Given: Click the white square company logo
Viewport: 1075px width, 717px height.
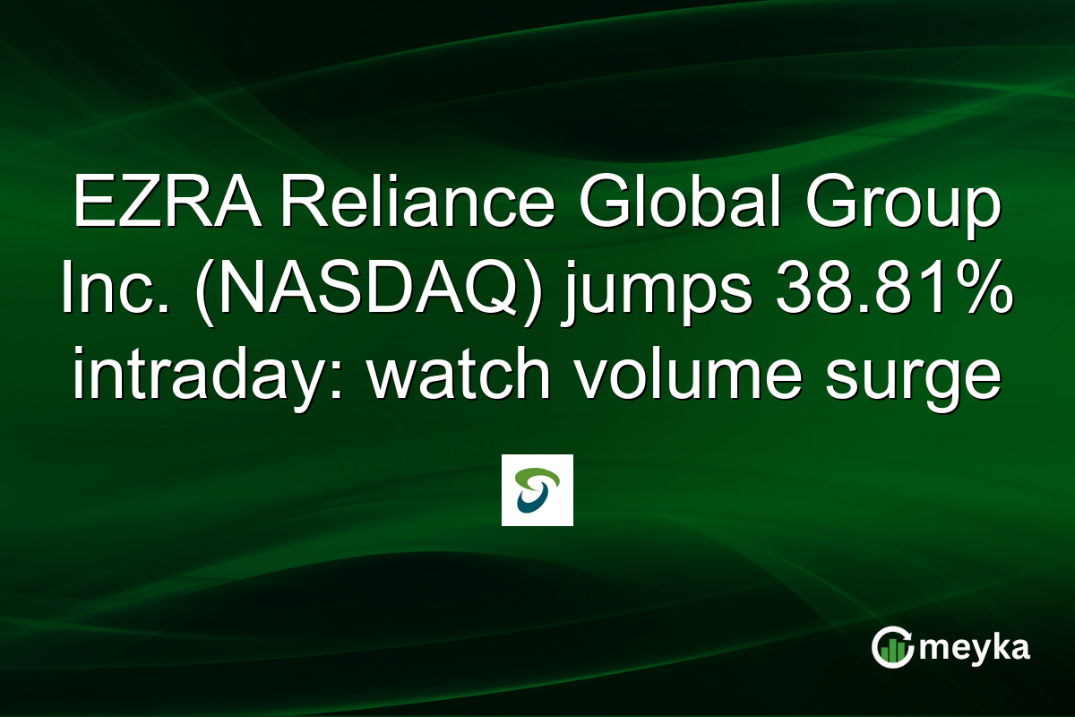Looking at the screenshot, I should (537, 490).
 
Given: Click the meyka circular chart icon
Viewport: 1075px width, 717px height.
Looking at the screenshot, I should (892, 647).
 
